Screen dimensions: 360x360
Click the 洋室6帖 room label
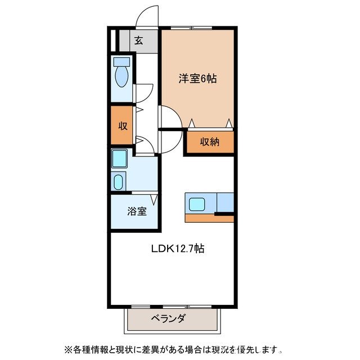pos(197,79)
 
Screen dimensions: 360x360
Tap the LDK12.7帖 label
pos(176,248)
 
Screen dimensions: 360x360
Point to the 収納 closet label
pos(209,142)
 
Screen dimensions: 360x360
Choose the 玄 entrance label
pos(138,40)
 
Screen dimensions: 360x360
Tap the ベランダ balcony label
pos(168,319)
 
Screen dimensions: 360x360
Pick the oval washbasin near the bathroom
pos(118,182)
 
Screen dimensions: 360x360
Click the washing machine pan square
pos(119,159)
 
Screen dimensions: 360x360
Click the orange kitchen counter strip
pos(208,218)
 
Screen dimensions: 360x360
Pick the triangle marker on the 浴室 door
pos(151,198)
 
